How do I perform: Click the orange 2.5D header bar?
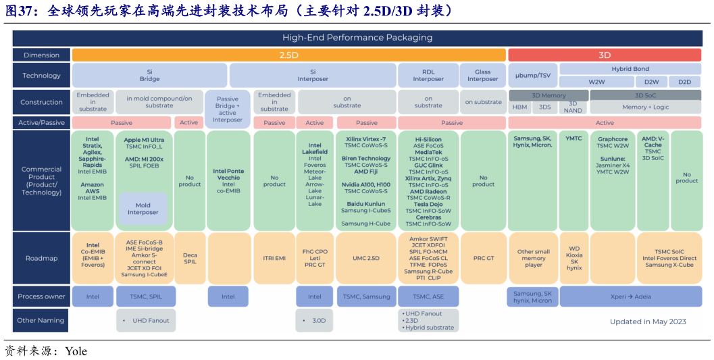click(x=289, y=55)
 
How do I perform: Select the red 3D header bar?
click(x=605, y=55)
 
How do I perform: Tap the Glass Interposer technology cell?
click(x=482, y=76)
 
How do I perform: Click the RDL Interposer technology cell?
click(x=428, y=76)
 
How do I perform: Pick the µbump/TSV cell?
click(x=532, y=76)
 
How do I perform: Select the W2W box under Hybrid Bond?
click(x=596, y=82)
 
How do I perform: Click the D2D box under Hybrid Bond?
click(x=684, y=82)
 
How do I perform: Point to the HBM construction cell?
click(x=519, y=107)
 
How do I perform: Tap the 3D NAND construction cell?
click(x=572, y=107)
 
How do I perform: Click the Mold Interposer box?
click(x=143, y=209)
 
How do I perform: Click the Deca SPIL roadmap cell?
click(x=190, y=258)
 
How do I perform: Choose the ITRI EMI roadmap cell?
click(x=274, y=258)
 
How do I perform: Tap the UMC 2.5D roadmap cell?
click(x=366, y=258)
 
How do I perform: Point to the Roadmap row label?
click(x=41, y=258)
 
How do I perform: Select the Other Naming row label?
click(x=41, y=320)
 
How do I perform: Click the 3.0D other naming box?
click(x=315, y=321)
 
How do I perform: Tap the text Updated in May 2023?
click(x=647, y=322)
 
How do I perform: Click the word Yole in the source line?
click(x=76, y=351)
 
